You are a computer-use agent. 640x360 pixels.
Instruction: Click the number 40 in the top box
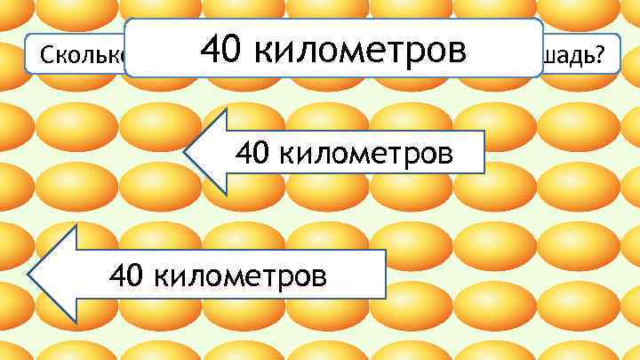[221, 50]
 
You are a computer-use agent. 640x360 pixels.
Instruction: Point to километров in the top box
[361, 50]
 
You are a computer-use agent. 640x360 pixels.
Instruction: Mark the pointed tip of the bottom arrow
[30, 272]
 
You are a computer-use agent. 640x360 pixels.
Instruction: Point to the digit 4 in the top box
[210, 50]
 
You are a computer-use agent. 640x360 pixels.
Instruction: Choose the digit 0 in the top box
[232, 50]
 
